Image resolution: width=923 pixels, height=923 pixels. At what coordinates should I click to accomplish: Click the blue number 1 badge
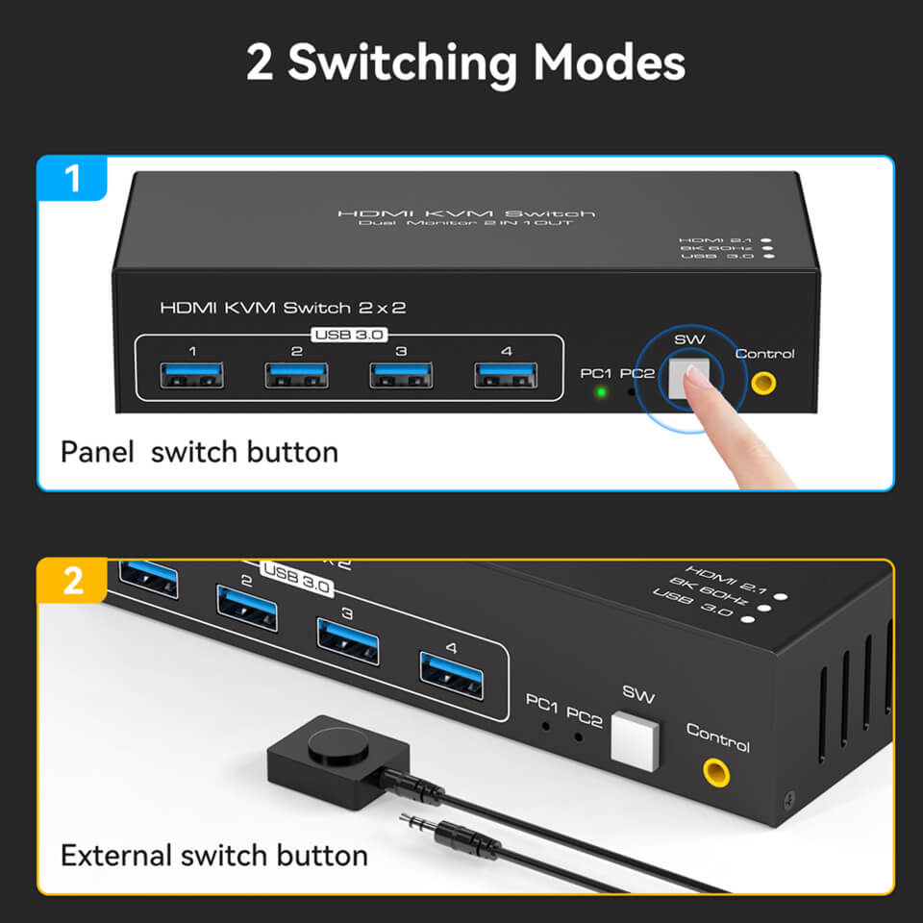(73, 179)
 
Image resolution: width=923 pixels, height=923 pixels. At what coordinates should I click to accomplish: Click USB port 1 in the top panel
(193, 375)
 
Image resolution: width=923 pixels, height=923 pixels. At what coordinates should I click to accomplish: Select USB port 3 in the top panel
(401, 375)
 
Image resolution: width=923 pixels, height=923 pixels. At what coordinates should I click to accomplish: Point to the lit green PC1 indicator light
(601, 391)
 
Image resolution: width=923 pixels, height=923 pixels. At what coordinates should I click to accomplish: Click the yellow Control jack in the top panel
(763, 383)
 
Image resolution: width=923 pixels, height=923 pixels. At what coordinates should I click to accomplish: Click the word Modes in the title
(609, 62)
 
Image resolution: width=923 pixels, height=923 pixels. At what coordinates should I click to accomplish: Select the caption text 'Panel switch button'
(199, 452)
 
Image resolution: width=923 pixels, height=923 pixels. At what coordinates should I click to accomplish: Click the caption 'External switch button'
(213, 855)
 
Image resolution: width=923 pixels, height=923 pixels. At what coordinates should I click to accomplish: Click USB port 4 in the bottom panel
(451, 675)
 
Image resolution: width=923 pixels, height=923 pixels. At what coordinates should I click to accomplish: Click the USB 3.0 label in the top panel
(348, 335)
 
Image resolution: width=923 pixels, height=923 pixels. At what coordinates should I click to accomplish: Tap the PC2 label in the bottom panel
(584, 717)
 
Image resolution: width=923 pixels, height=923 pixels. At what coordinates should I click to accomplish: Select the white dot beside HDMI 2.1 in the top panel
(766, 239)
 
